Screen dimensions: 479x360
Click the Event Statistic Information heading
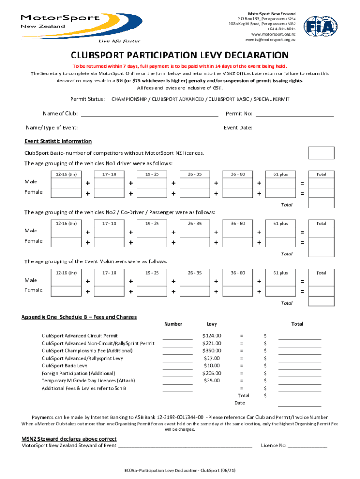(x=58, y=141)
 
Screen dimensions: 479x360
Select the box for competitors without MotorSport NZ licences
(x=321, y=153)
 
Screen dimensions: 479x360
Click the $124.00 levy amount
(x=212, y=335)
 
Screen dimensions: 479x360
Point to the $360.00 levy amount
(x=212, y=350)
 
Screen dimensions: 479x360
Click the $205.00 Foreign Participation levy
(x=212, y=373)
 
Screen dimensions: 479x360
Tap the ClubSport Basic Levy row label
(x=65, y=366)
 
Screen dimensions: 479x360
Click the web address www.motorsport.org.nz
(x=273, y=34)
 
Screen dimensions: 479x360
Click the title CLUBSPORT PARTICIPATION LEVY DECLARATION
(x=180, y=55)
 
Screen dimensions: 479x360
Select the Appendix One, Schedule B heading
(x=79, y=317)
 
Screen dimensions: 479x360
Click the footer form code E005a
(x=180, y=470)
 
